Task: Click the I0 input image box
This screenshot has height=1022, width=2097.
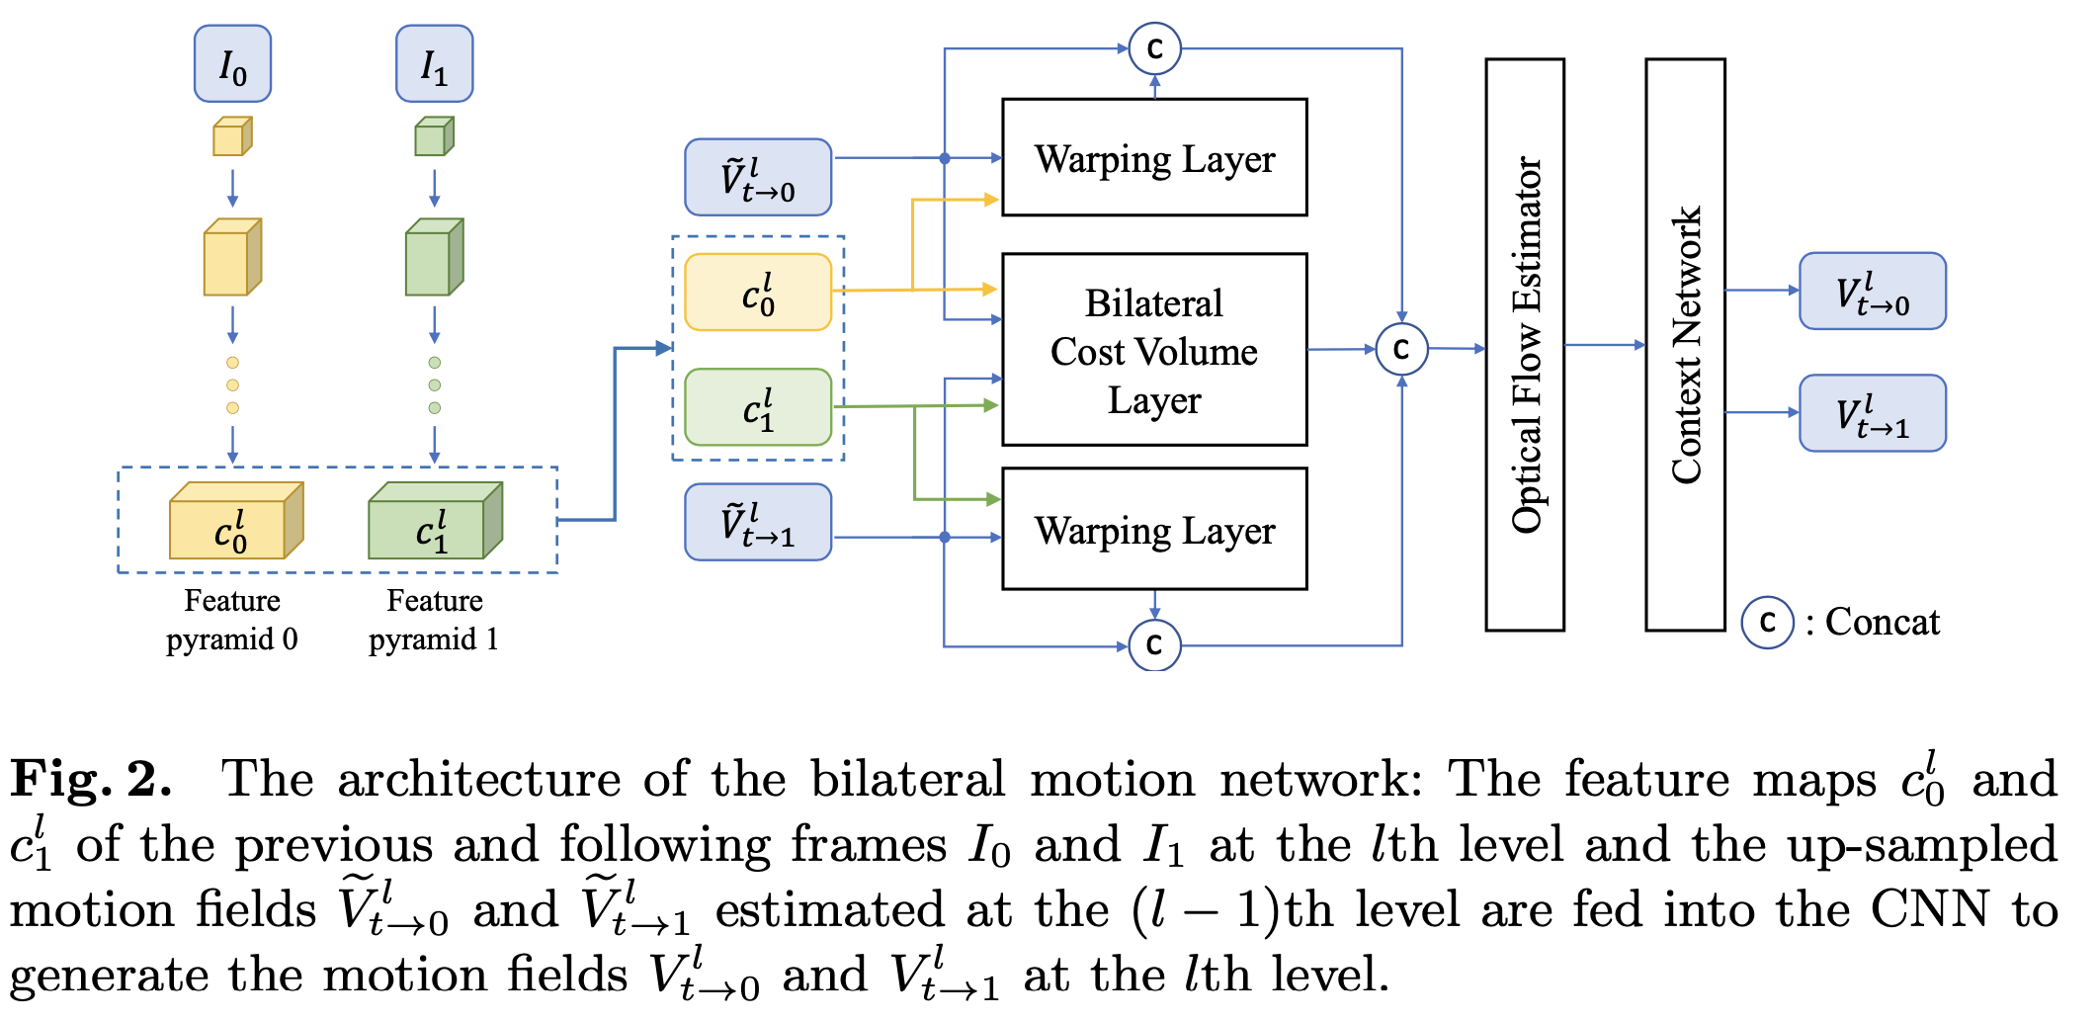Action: click(x=232, y=64)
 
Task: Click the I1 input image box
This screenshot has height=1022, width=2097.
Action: click(x=434, y=64)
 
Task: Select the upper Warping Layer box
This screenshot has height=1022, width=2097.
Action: click(x=1154, y=157)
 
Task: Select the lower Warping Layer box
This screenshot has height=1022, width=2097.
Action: click(x=1154, y=529)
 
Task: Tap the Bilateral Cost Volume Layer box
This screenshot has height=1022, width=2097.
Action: click(x=1154, y=350)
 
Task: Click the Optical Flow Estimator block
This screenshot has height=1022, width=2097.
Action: click(x=1525, y=344)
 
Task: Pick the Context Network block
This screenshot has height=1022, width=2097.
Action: click(x=1685, y=344)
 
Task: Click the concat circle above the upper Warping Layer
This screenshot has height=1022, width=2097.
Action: click(x=1154, y=48)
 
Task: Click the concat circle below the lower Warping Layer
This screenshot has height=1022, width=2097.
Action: click(x=1154, y=645)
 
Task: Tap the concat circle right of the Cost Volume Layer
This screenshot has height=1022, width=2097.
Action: click(x=1401, y=349)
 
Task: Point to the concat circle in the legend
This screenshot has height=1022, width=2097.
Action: click(x=1767, y=623)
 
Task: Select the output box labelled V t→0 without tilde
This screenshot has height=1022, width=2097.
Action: click(x=1872, y=292)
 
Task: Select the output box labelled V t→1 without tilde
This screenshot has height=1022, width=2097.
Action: click(x=1872, y=413)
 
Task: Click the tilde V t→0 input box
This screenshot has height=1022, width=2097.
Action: click(x=758, y=178)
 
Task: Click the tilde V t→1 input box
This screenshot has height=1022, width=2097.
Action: click(x=758, y=522)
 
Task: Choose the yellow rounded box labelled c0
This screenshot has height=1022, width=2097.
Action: click(x=758, y=293)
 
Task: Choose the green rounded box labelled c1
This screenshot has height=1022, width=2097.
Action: click(x=758, y=407)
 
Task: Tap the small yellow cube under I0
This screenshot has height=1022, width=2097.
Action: click(x=232, y=136)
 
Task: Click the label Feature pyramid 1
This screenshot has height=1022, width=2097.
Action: click(x=434, y=620)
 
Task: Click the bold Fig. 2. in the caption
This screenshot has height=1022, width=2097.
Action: click(x=91, y=779)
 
